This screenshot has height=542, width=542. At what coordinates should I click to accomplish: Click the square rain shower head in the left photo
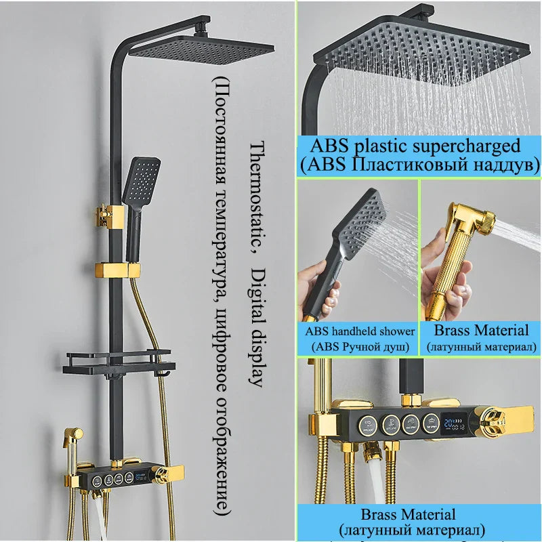pos(201,49)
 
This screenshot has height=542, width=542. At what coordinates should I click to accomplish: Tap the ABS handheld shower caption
pos(359,331)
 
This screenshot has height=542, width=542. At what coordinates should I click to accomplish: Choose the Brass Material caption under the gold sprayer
pos(481,331)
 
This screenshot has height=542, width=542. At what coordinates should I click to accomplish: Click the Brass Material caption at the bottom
pos(417,514)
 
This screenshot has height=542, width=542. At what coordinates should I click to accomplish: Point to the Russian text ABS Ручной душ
pos(359,347)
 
